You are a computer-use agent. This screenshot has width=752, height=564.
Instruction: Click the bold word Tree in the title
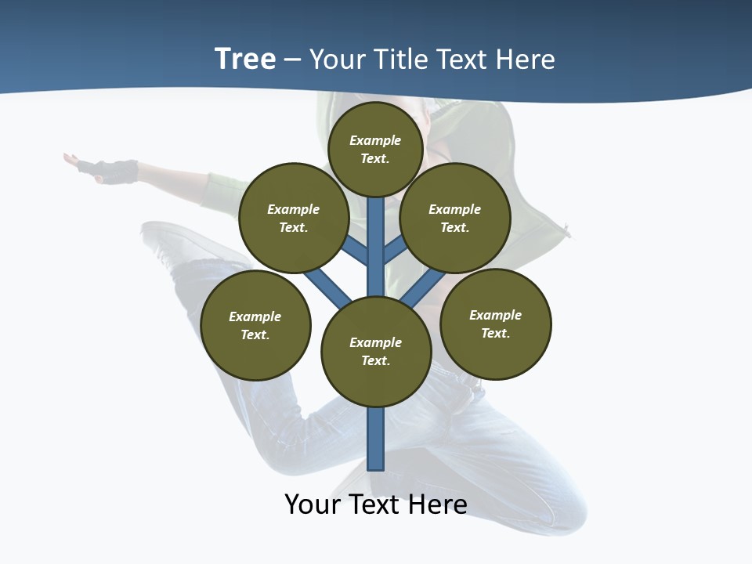click(x=245, y=60)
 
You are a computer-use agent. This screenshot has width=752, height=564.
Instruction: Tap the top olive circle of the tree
click(x=375, y=149)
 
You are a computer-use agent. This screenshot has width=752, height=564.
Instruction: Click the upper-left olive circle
click(x=294, y=218)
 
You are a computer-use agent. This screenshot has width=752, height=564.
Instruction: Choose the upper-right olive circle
click(x=455, y=218)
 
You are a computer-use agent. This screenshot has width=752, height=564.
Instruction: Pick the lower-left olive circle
click(x=255, y=325)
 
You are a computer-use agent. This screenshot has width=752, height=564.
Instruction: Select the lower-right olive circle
click(x=496, y=324)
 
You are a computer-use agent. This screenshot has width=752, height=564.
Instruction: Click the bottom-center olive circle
click(x=376, y=351)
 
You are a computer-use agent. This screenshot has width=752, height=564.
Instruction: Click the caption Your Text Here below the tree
click(x=376, y=504)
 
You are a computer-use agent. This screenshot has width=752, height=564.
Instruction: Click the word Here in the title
click(x=526, y=60)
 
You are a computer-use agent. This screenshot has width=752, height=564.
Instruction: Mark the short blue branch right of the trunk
click(x=395, y=249)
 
